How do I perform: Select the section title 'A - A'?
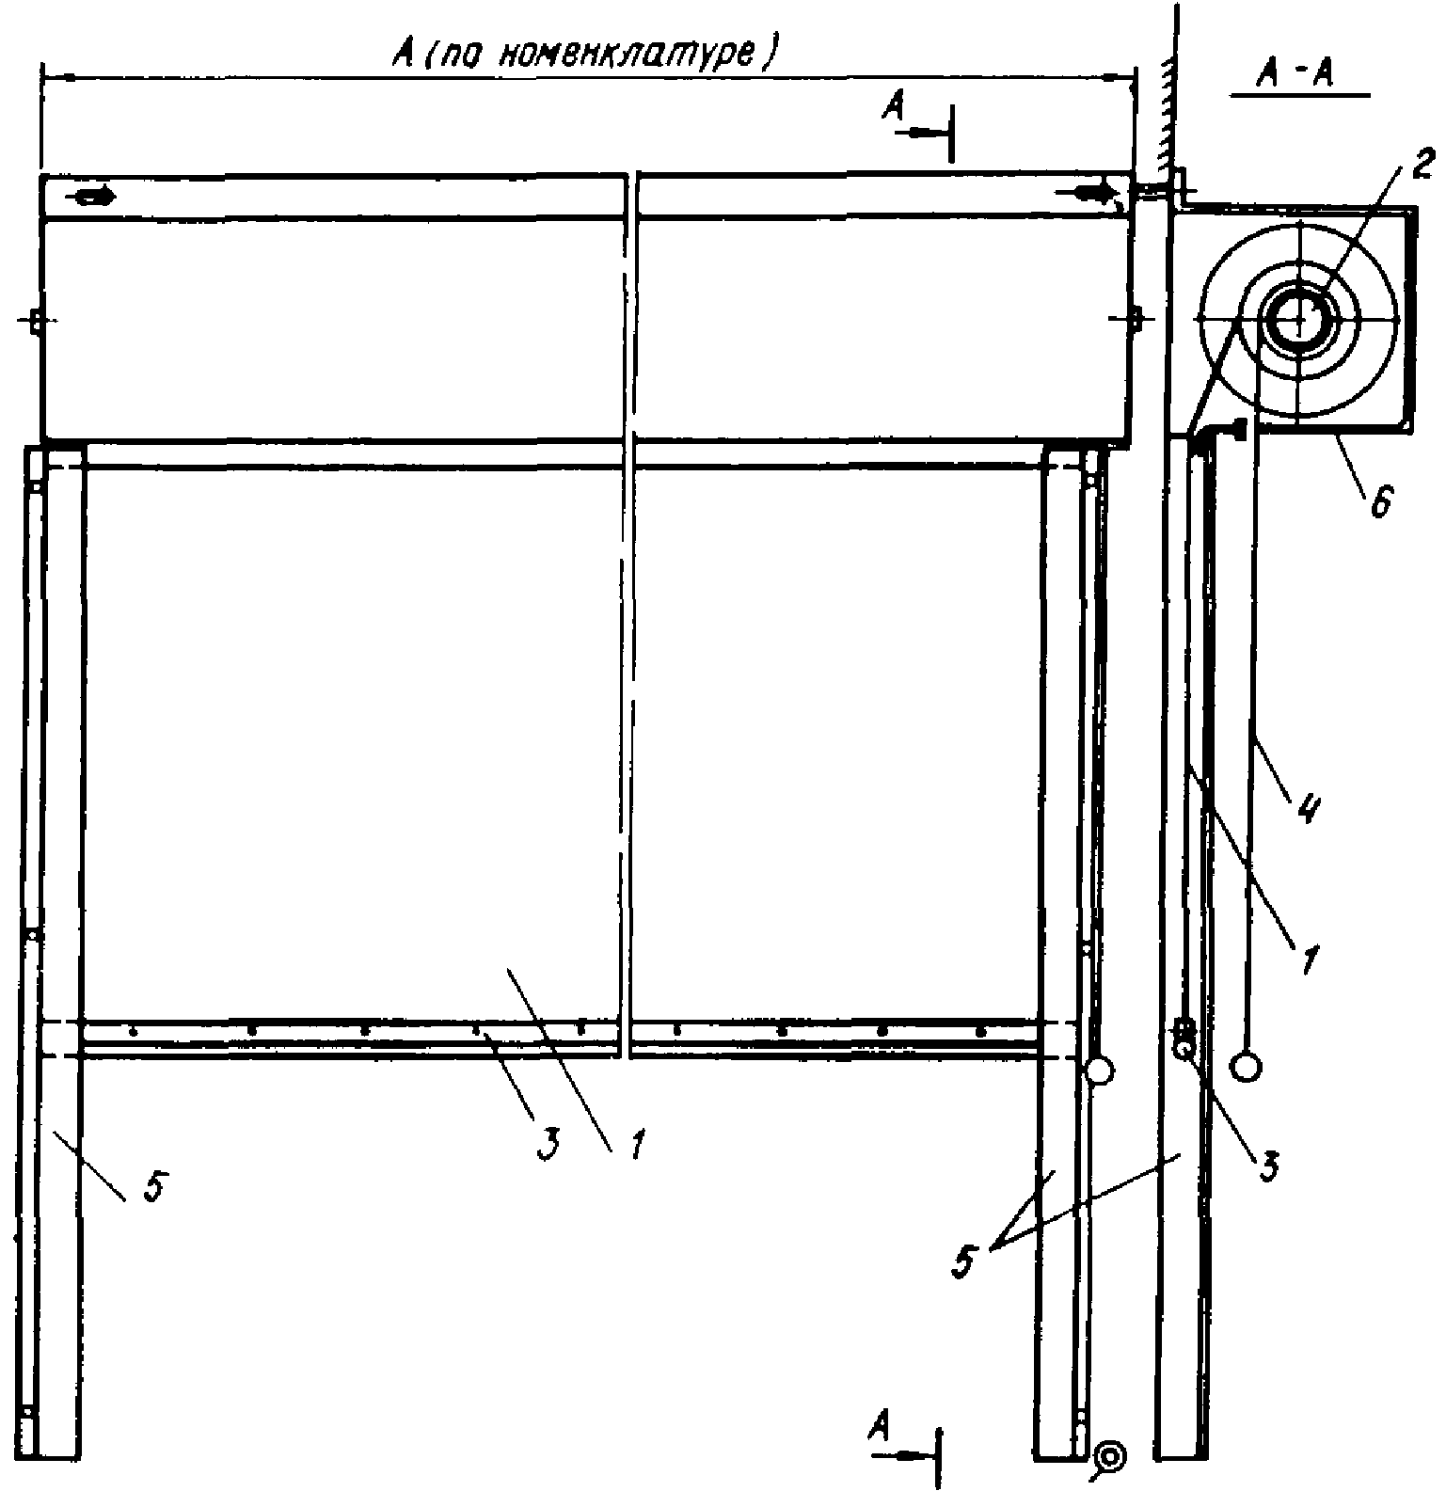[1299, 76]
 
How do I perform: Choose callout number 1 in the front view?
[637, 1146]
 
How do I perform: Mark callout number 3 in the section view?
[1269, 1165]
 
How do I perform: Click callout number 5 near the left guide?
[153, 1187]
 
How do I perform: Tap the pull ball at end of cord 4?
[1247, 1067]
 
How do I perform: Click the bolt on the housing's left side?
[35, 320]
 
